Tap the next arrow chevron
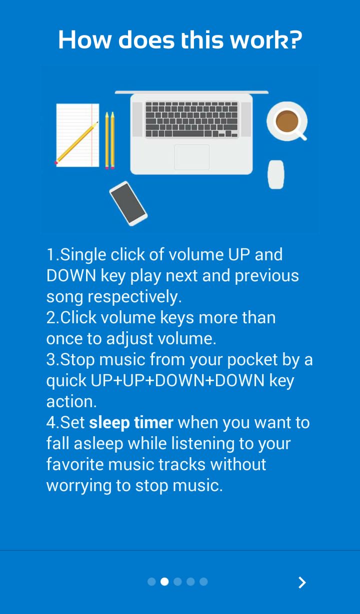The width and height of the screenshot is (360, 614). (x=302, y=583)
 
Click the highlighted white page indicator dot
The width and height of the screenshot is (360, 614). (x=164, y=582)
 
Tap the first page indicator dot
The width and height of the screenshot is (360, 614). (x=151, y=582)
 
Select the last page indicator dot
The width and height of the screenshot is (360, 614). (x=203, y=582)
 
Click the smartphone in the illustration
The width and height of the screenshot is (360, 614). (x=128, y=203)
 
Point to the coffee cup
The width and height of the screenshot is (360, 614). (x=287, y=121)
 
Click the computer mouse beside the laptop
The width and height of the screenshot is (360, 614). (x=276, y=174)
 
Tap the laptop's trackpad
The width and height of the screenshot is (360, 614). (x=192, y=157)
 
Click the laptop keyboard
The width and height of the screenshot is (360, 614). (x=191, y=119)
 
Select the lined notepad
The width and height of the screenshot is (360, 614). (x=77, y=135)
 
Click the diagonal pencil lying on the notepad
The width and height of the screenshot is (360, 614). (x=76, y=143)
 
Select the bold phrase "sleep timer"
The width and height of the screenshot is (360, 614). (x=131, y=422)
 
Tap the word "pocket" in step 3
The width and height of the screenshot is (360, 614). (x=252, y=359)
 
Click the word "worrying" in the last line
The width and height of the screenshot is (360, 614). (x=79, y=486)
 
